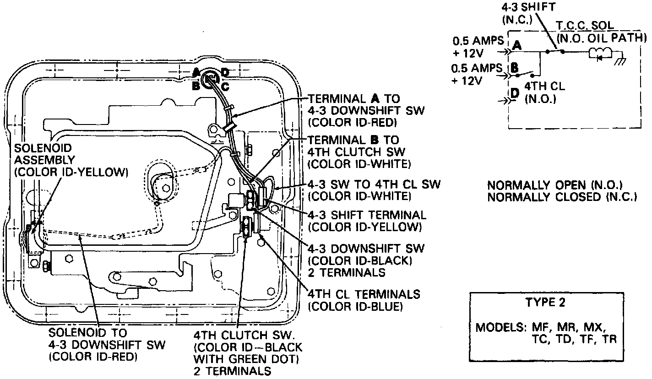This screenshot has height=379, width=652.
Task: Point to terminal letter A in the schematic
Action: tap(517, 45)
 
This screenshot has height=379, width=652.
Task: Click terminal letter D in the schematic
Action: tap(515, 93)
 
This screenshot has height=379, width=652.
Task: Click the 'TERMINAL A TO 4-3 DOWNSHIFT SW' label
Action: tap(354, 110)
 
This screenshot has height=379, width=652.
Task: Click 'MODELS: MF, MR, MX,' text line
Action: tap(541, 328)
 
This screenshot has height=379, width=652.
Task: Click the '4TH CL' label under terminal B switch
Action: tap(545, 86)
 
